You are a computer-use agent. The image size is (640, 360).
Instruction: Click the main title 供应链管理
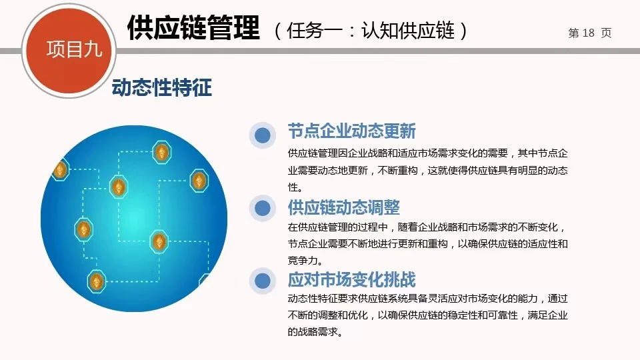pyautogui.click(x=193, y=29)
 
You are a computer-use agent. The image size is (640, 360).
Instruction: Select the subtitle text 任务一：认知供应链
pyautogui.click(x=371, y=31)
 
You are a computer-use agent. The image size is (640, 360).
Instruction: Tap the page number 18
pyautogui.click(x=588, y=33)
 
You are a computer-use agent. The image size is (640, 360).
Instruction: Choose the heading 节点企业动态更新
pyautogui.click(x=351, y=130)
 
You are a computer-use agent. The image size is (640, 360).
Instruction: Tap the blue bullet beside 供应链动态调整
pyautogui.click(x=263, y=208)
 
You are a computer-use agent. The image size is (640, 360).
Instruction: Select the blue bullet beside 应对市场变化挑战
pyautogui.click(x=263, y=281)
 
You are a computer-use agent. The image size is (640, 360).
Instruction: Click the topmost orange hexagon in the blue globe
pyautogui.click(x=161, y=153)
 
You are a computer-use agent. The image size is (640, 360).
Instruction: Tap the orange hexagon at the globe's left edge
pyautogui.click(x=60, y=171)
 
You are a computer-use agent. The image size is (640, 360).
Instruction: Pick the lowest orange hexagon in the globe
pyautogui.click(x=97, y=282)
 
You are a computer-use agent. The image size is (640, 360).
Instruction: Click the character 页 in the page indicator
pyautogui.click(x=605, y=33)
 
